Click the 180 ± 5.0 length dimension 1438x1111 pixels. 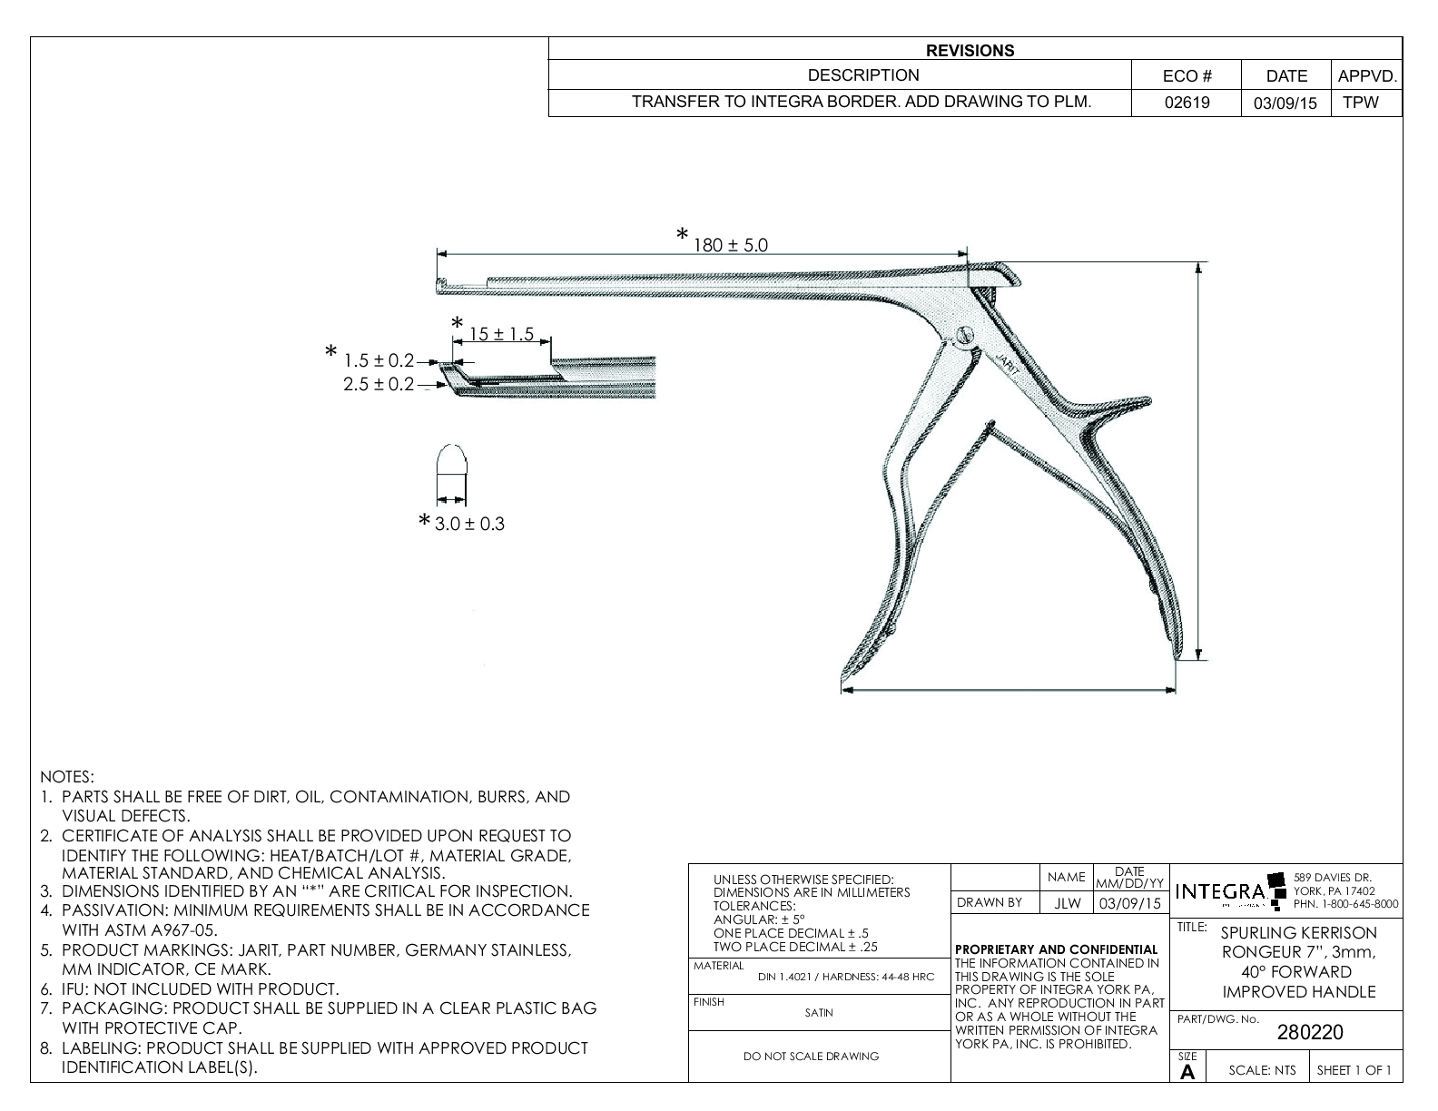coord(731,245)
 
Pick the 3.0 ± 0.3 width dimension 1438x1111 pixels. coord(468,524)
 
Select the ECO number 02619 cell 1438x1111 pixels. coord(1187,103)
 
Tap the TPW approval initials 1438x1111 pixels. coord(1360,103)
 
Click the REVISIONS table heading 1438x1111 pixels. coord(970,51)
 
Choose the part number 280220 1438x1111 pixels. coord(1310,1032)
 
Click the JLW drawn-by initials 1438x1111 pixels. coord(1067,903)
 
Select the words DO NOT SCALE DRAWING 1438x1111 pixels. coord(811,1056)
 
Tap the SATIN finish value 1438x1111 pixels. coord(818,1013)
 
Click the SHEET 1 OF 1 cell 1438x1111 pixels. coord(1354,1070)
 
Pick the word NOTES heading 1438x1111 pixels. coord(67,777)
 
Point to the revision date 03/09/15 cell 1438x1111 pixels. coord(1285,103)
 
